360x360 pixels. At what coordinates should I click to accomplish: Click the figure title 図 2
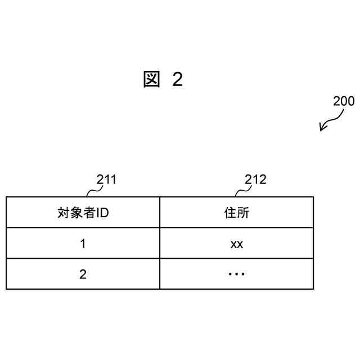tap(163, 80)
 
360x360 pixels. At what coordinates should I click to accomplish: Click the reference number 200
tap(344, 101)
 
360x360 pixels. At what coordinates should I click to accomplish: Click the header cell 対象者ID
tap(83, 213)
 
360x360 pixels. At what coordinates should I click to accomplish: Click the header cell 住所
tap(236, 213)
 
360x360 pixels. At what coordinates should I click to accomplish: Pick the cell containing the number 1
tap(83, 244)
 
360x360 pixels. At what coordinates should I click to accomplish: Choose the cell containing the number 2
tap(83, 274)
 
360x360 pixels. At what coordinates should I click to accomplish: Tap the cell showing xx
tap(236, 245)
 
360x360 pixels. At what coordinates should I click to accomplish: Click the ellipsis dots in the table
tap(236, 274)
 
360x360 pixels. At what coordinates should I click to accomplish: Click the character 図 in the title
tap(151, 80)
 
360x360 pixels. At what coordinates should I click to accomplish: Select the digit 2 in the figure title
tap(177, 80)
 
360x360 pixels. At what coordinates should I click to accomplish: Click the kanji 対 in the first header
tap(64, 213)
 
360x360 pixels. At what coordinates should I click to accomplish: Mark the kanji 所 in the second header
tap(243, 213)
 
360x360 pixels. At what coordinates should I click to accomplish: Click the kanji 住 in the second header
tap(229, 213)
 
